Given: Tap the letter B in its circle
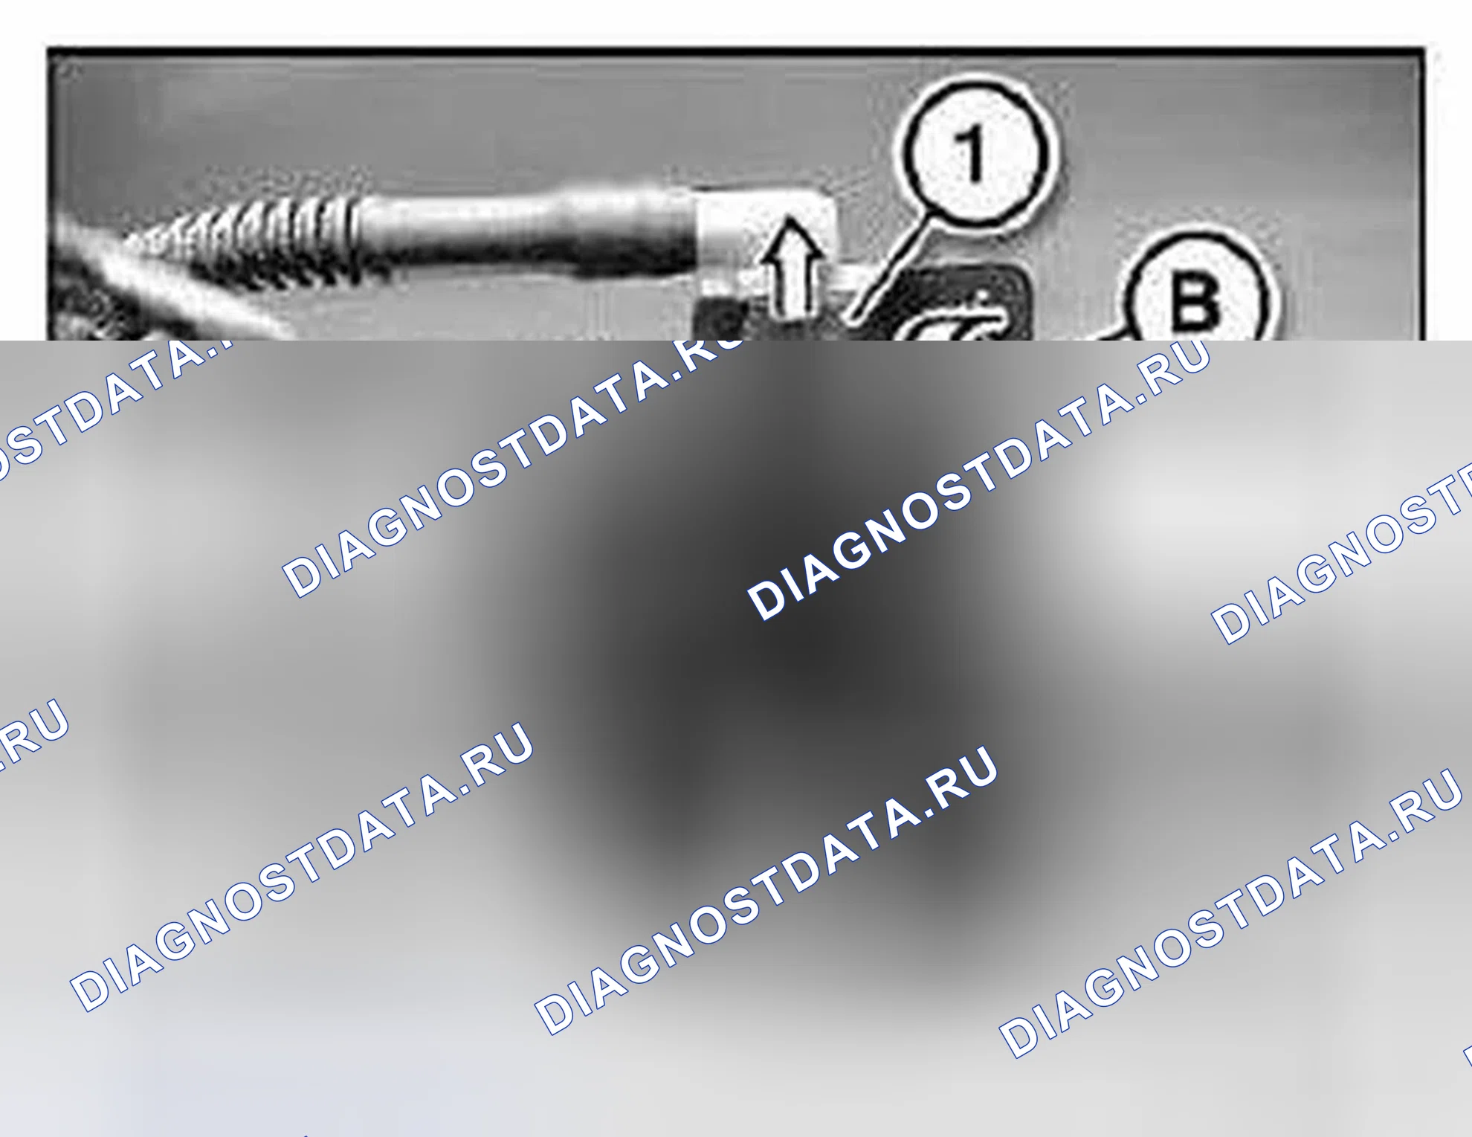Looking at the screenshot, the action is click(x=1195, y=300).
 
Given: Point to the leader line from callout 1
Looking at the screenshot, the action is click(x=891, y=268).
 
